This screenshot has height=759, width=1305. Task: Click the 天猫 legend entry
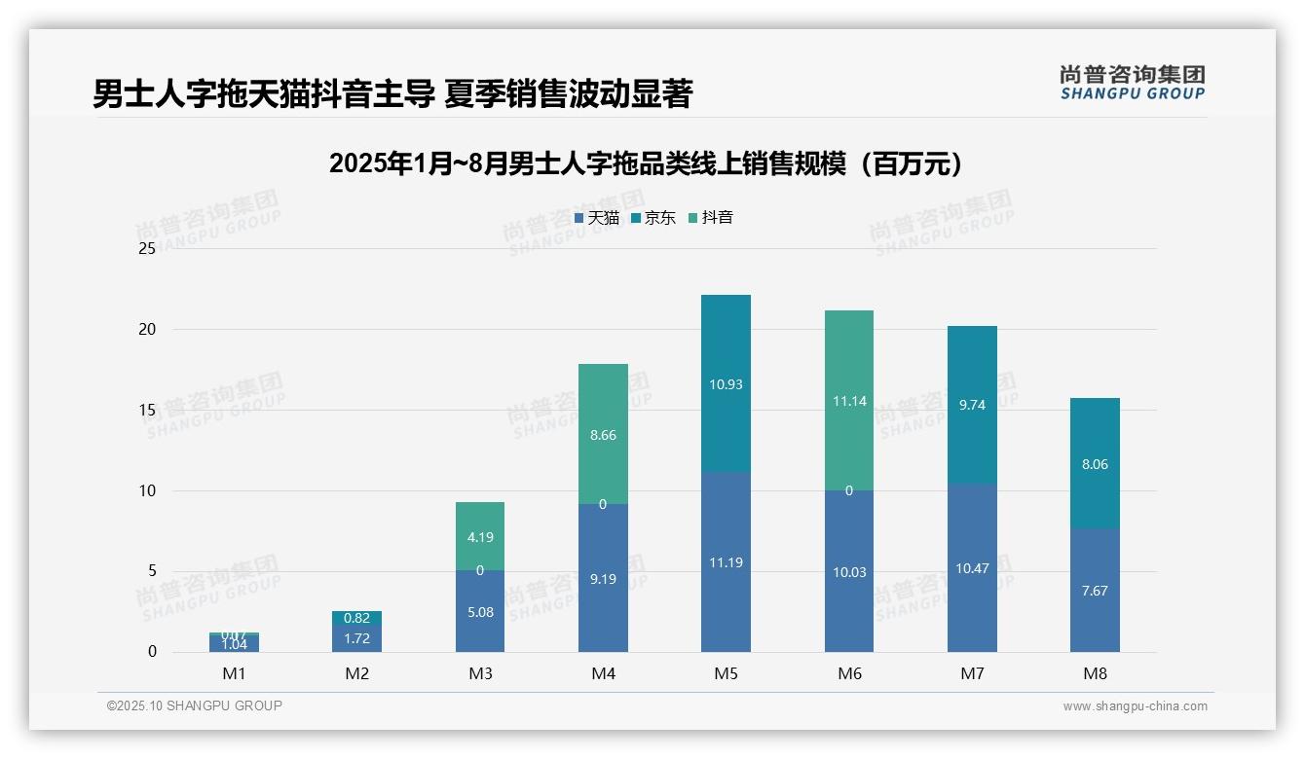click(597, 218)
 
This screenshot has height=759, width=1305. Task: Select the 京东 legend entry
click(653, 218)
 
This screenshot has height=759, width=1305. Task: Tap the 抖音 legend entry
click(711, 218)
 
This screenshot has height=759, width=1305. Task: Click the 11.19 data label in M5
click(726, 562)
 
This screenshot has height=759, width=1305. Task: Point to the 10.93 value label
click(726, 384)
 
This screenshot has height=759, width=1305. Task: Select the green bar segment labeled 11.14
click(848, 401)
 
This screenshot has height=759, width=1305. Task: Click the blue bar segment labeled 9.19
click(603, 578)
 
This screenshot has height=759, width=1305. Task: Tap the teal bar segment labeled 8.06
click(1095, 464)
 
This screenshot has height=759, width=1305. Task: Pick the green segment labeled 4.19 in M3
click(480, 536)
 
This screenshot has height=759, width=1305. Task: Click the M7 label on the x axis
click(972, 673)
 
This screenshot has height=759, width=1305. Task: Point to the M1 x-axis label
click(235, 673)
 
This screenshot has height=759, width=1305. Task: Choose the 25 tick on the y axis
click(147, 249)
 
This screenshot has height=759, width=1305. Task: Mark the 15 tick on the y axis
click(147, 410)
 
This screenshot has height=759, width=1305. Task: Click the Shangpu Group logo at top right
click(1132, 83)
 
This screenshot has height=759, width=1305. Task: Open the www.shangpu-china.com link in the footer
click(1135, 706)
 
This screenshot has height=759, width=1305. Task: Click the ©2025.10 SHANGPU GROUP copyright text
click(194, 705)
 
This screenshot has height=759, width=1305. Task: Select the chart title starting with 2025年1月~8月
click(646, 163)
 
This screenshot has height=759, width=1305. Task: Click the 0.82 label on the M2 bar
click(356, 618)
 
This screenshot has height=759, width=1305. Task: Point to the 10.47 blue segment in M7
click(972, 568)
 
